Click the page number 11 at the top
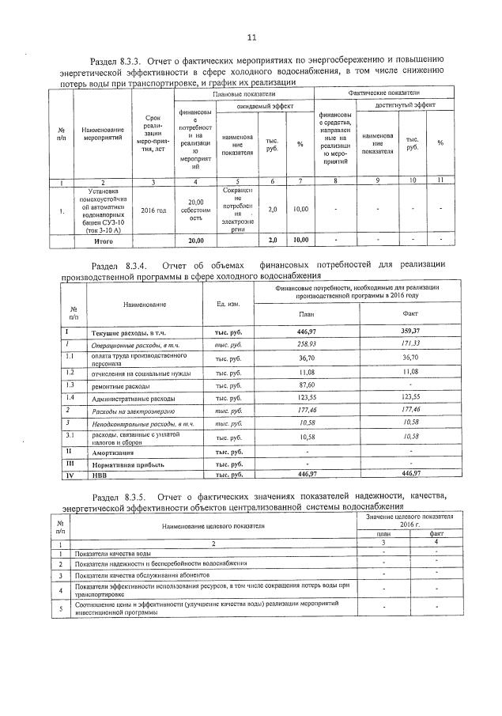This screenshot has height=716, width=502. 251,37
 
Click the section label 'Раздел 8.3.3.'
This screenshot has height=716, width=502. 120,60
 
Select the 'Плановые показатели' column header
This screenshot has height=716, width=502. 242,94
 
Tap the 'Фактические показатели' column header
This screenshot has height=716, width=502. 383,94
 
